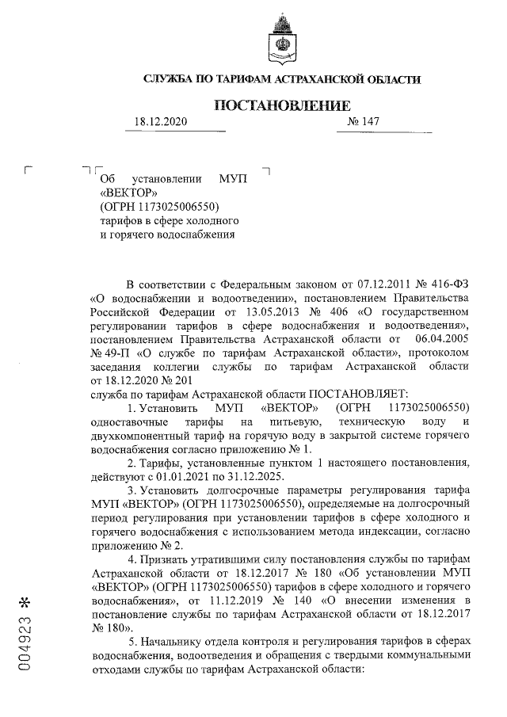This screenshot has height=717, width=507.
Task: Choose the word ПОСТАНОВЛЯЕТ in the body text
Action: click(356, 393)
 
